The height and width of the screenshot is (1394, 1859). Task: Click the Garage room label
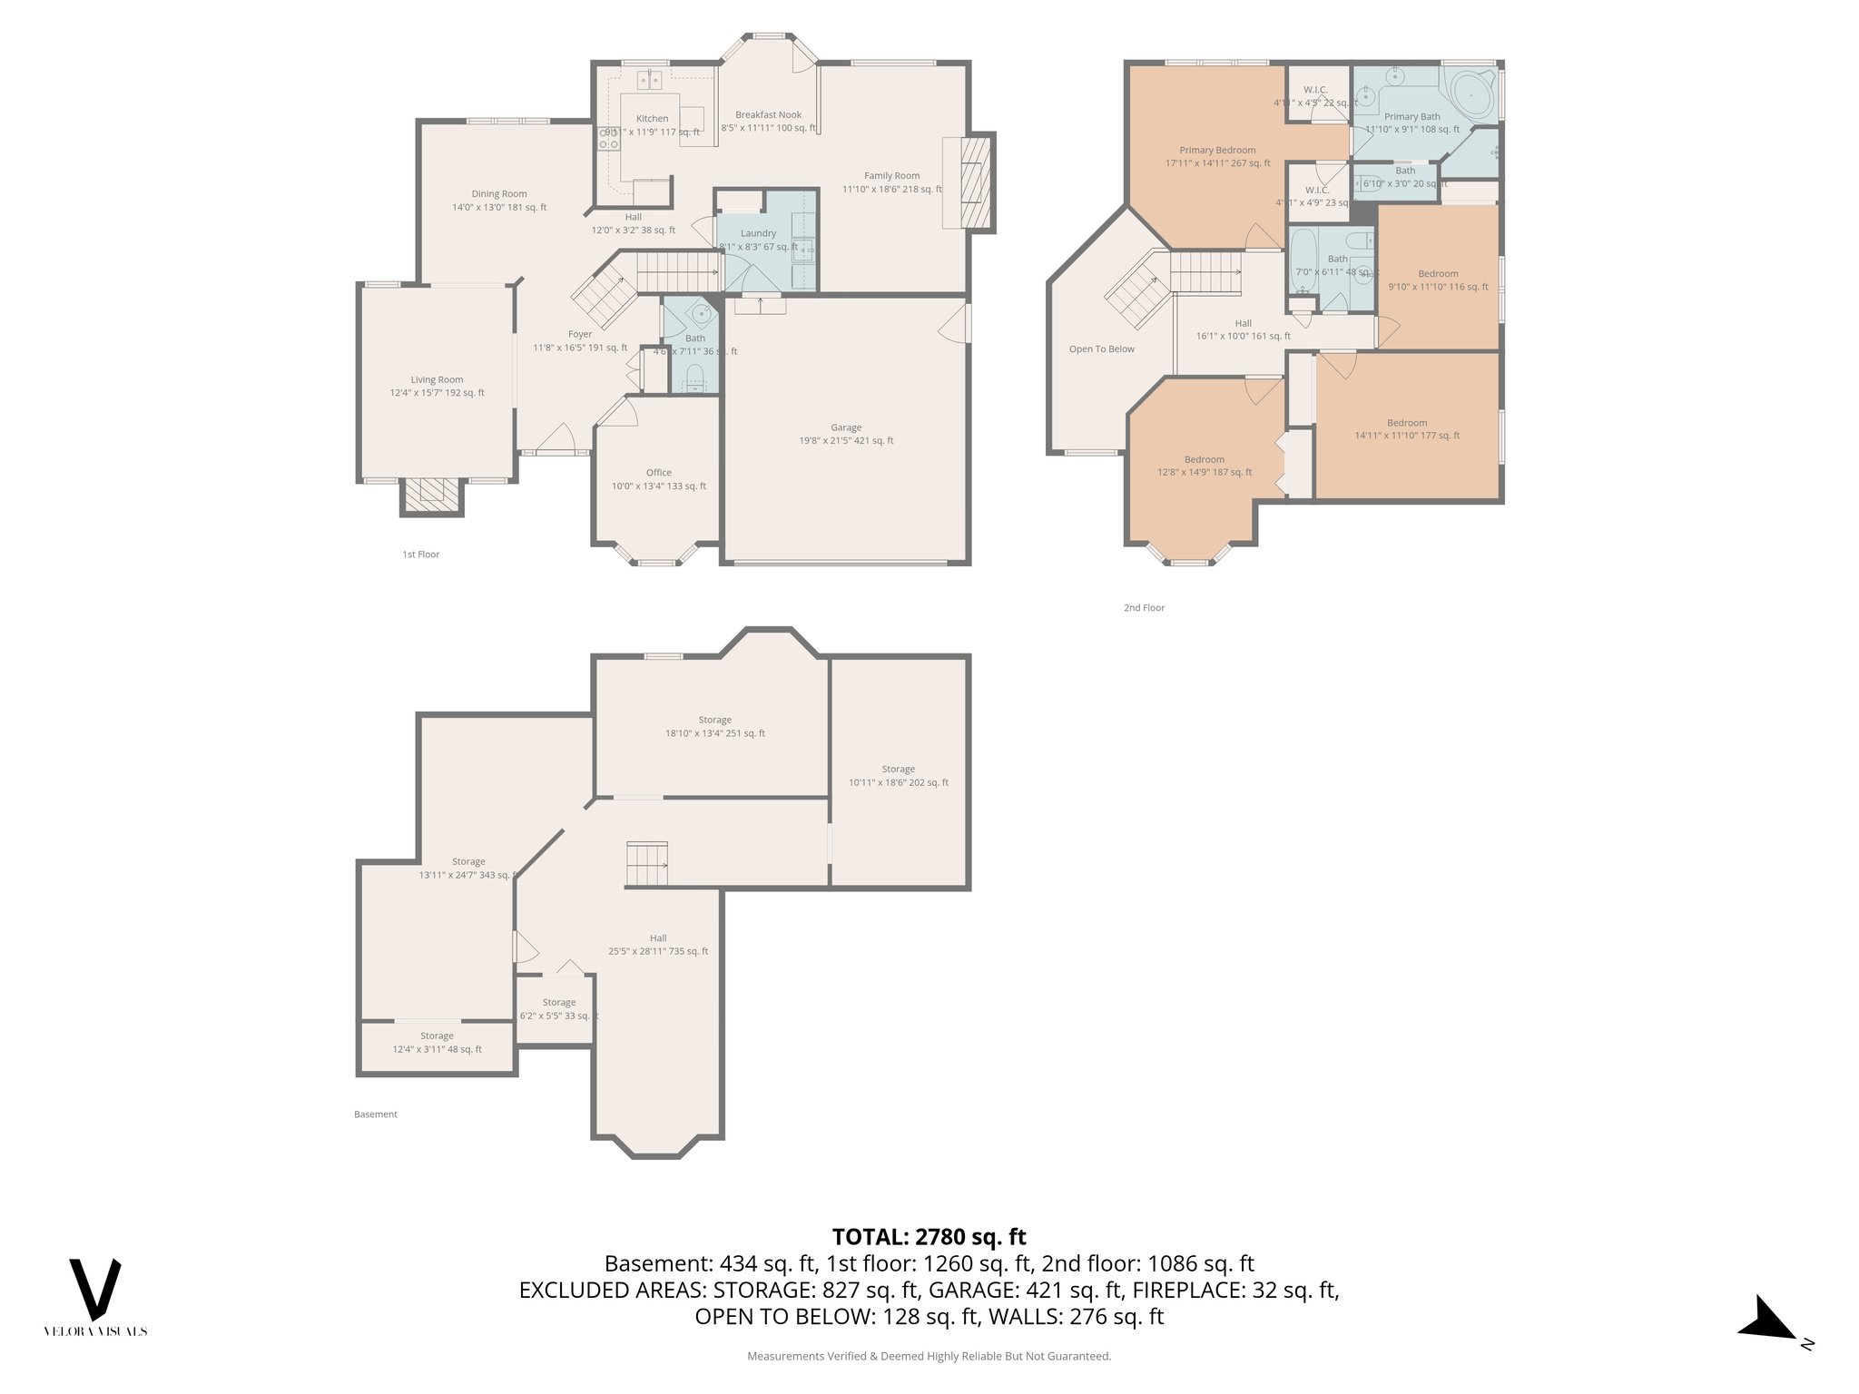845,427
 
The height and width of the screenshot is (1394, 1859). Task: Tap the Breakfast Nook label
768,115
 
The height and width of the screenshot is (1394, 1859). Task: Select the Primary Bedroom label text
1217,151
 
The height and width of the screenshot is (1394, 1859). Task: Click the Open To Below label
1101,349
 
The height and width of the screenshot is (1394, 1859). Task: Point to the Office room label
658,473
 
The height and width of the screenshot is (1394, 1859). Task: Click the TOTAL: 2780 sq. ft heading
929,1237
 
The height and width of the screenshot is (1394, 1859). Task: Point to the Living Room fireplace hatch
432,495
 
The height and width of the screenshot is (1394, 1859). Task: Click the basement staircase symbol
646,864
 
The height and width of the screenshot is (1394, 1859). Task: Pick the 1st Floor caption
421,555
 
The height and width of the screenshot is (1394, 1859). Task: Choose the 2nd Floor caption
1144,608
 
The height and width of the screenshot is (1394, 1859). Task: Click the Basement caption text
376,1114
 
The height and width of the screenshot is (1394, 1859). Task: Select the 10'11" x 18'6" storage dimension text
898,782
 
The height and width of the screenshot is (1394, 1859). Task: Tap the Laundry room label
758,233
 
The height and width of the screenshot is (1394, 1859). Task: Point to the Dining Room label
499,194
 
